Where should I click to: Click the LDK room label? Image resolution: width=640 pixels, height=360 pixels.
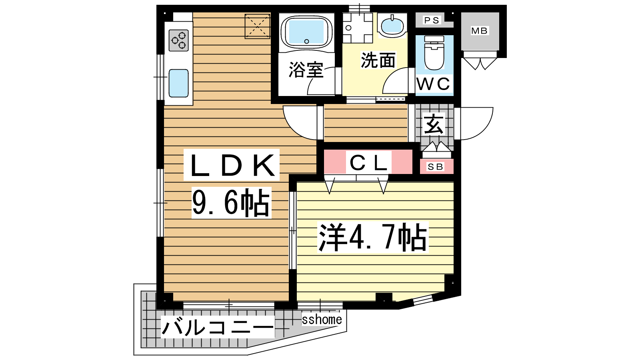coord(232,165)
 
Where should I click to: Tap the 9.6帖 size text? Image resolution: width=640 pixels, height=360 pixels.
coord(231,202)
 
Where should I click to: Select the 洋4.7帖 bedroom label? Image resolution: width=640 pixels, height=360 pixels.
coord(373,237)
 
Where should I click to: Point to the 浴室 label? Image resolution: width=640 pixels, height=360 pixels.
coord(306,70)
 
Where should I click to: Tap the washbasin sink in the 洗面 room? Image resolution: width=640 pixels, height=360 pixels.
coord(392,26)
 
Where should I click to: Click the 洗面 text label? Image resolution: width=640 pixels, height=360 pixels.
coord(378,60)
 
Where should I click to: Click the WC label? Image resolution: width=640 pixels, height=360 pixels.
coord(434,84)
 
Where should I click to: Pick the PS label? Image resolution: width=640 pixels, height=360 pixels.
coord(432,20)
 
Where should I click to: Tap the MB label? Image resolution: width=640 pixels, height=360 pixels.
coord(480,30)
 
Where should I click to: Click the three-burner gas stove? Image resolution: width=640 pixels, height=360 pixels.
coord(178,40)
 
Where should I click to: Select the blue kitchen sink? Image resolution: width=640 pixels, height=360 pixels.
coord(178,83)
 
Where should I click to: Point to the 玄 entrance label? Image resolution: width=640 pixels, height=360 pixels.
coord(434,124)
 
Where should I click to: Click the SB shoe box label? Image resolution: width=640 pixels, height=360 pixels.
coord(436,166)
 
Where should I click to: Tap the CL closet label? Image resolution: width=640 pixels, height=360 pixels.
coord(368,163)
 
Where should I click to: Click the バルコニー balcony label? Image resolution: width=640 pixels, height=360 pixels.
coord(218,327)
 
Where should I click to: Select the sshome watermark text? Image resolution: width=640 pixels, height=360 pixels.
coord(322,320)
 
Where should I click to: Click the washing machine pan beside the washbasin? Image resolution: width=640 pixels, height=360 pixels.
coord(358,28)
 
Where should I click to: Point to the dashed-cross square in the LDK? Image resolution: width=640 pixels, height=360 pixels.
coord(258,26)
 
